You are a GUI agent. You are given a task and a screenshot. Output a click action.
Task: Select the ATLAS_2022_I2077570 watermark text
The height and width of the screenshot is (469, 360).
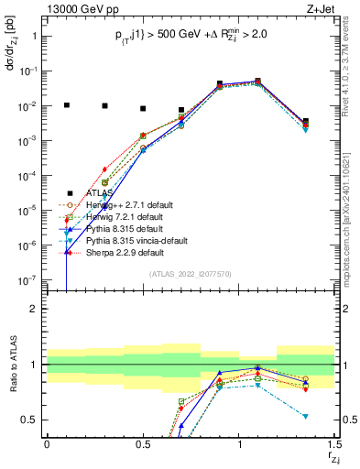click(x=190, y=275)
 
